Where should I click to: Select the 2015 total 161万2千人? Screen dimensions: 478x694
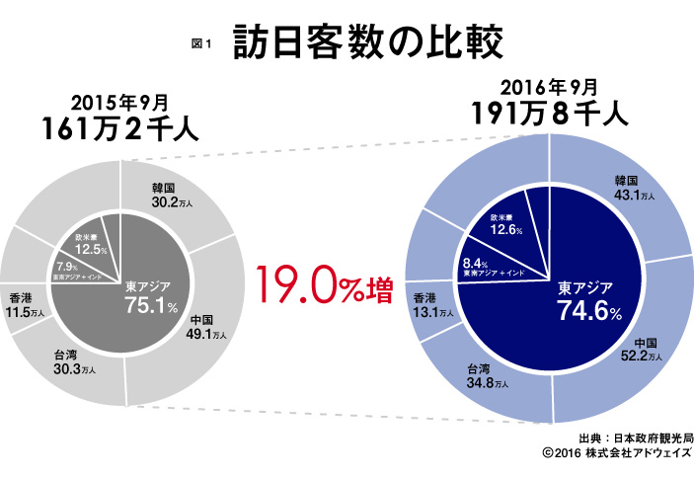tap(120, 129)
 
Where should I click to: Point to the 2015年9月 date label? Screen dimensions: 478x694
tap(120, 102)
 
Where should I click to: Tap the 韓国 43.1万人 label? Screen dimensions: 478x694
tap(634, 188)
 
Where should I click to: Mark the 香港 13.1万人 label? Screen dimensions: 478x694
tap(433, 304)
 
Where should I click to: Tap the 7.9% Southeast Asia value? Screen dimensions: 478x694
tap(67, 267)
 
